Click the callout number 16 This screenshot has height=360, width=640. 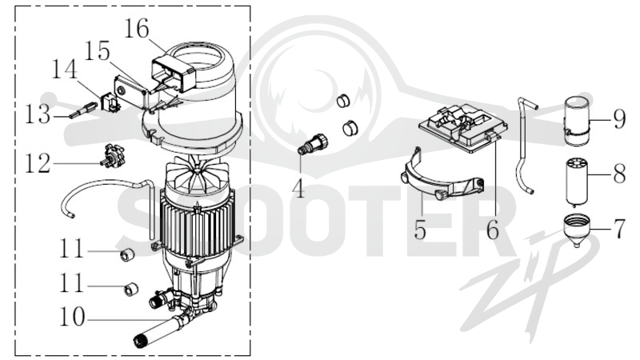coord(136,29)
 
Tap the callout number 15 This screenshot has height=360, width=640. coord(97,51)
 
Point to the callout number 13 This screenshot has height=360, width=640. coord(38,114)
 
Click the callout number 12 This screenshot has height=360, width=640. coord(38,163)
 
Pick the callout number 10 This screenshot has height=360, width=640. coord(72,316)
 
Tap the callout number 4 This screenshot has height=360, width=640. coord(300,189)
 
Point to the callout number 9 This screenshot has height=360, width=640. coord(619,119)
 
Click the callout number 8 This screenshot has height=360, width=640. coord(619,174)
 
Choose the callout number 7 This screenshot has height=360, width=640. coord(619,229)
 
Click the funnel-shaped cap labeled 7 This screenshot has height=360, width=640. coord(576,230)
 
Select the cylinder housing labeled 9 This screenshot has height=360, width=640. coord(577,121)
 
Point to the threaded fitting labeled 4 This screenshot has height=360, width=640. coord(314,144)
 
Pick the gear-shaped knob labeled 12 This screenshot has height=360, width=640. coord(112,156)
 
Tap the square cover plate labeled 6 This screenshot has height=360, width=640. coord(464,127)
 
